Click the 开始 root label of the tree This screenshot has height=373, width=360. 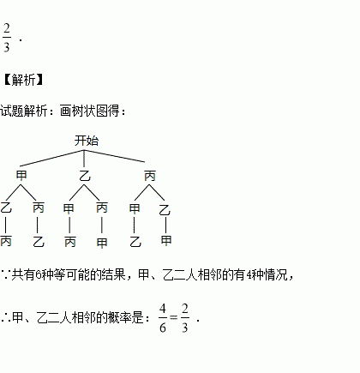[87, 141]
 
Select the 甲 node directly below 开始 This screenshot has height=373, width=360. [21, 175]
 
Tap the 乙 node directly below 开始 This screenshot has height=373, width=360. [85, 176]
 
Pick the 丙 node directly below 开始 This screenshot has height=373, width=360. [150, 176]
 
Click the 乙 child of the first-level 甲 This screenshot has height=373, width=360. [6, 208]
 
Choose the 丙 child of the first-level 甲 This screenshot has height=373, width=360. [39, 208]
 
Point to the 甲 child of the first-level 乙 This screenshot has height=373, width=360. [69, 208]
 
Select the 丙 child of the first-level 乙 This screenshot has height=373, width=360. [102, 208]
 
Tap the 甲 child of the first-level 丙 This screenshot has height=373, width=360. [135, 208]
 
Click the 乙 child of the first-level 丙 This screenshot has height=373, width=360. [165, 210]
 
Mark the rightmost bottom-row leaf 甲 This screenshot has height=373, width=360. [166, 240]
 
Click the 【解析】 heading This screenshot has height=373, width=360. [23, 80]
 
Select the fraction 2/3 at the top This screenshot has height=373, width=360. [7, 38]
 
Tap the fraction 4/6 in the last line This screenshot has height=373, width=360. [163, 318]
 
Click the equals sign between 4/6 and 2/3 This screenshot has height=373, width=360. [174, 317]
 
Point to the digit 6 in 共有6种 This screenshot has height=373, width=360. [39, 275]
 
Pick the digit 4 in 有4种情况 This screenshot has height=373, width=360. [249, 275]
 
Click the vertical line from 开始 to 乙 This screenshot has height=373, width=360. [84, 159]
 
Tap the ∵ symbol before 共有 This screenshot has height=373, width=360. [5, 275]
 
